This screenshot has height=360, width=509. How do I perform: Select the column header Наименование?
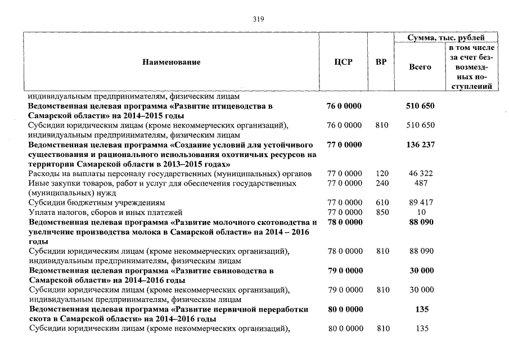click(x=171, y=62)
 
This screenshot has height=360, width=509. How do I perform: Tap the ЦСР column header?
click(x=343, y=62)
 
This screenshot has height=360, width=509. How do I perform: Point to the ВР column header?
click(x=381, y=62)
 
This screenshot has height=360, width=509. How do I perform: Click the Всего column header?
click(x=420, y=67)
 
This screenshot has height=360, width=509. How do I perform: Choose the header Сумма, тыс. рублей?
click(x=445, y=38)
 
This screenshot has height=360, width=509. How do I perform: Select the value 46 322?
click(x=420, y=174)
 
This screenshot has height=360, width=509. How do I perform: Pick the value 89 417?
click(x=420, y=202)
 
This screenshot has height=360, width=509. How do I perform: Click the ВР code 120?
click(x=382, y=174)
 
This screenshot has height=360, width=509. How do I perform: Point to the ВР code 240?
click(x=382, y=183)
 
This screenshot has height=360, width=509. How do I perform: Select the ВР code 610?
click(x=382, y=202)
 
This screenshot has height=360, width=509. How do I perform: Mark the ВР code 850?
click(x=382, y=212)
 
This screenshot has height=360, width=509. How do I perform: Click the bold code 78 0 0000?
click(x=344, y=222)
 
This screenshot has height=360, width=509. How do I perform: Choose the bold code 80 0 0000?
click(x=344, y=309)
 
